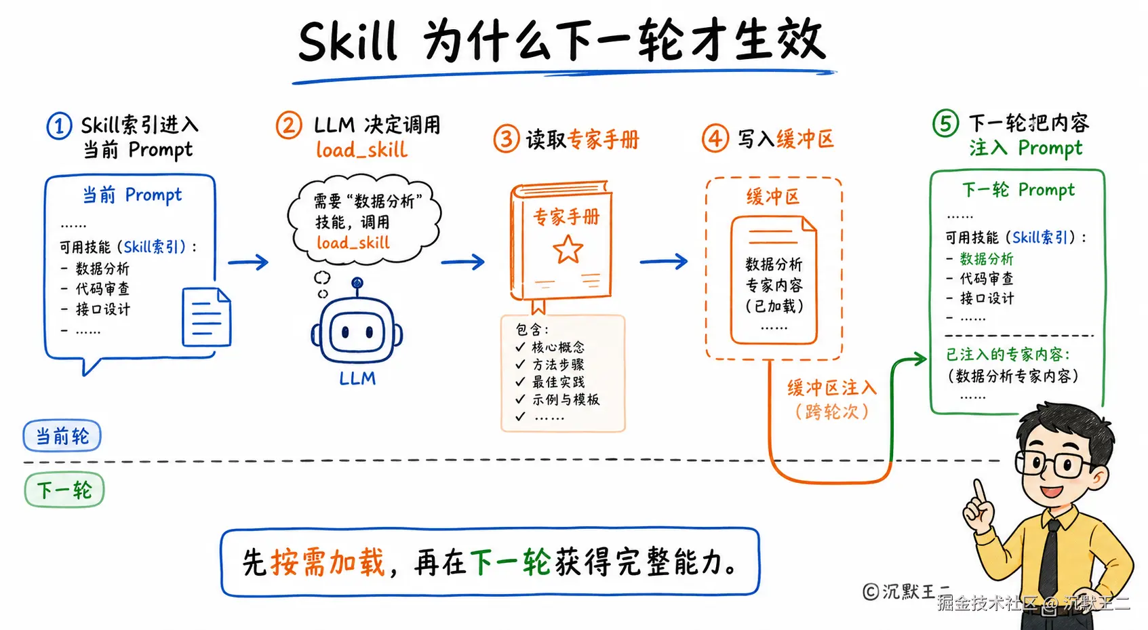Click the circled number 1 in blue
coord(59,126)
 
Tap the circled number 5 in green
coord(945,123)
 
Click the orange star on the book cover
coord(568,250)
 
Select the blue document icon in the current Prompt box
coord(207,317)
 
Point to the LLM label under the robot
coord(357,378)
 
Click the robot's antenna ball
coord(357,283)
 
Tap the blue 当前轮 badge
coord(62,436)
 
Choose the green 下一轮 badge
coord(64,490)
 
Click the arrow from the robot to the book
coord(462,262)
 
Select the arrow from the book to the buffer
coord(664,262)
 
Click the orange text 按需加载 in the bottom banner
coord(328,562)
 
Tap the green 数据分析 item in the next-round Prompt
coord(987,259)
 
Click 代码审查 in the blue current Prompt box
coord(102,289)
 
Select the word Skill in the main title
coord(348,41)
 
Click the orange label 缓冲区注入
coord(832,388)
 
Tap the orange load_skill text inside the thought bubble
coord(353,243)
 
